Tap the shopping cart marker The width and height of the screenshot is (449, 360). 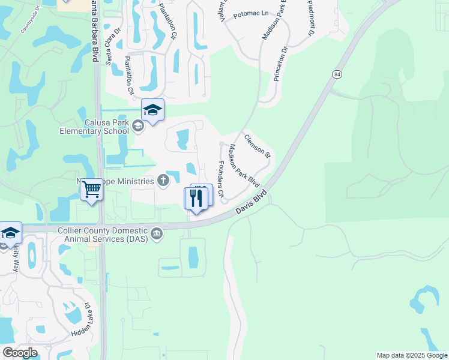(x=91, y=190)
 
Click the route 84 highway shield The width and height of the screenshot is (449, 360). (x=336, y=73)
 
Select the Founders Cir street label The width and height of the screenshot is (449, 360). (x=220, y=179)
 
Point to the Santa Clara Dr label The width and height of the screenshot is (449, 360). (x=113, y=46)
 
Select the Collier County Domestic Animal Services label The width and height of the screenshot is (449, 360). (x=103, y=234)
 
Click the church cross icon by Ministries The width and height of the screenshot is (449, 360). (x=163, y=180)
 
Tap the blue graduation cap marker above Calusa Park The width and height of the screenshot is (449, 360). (x=152, y=110)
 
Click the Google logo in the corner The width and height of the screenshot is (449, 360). (x=20, y=353)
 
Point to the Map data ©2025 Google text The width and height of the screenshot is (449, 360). (x=412, y=355)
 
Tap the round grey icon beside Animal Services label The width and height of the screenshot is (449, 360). (x=157, y=233)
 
